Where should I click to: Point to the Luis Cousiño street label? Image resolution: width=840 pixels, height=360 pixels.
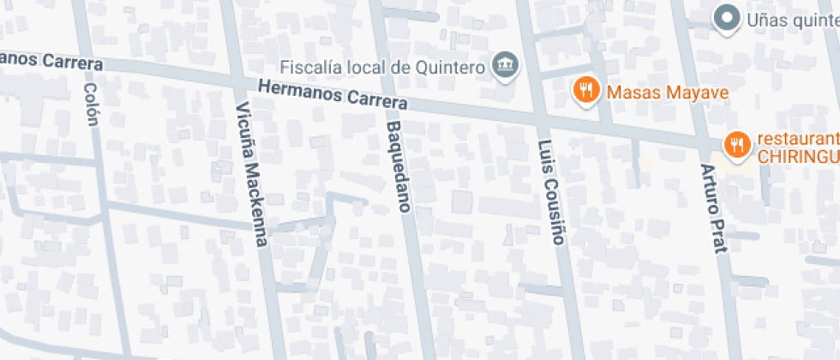click(x=551, y=192)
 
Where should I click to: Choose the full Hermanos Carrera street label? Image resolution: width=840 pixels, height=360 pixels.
click(x=332, y=94)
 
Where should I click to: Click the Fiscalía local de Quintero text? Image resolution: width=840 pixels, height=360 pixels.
click(x=385, y=66)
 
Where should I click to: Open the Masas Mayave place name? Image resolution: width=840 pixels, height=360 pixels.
click(x=668, y=92)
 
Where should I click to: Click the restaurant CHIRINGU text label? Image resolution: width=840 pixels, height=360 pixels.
click(x=796, y=147)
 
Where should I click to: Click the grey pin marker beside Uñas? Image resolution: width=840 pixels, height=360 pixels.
click(x=728, y=16)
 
